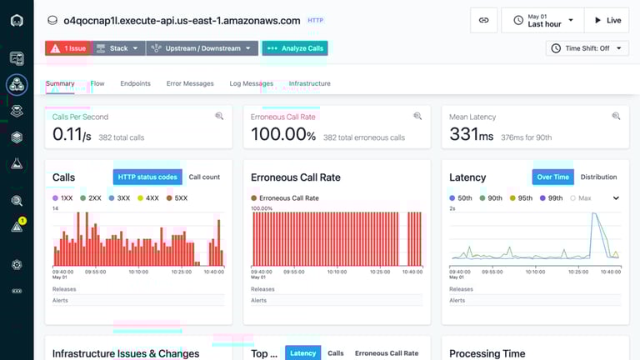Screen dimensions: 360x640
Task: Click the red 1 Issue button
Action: click(67, 48)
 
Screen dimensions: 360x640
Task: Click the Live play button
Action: click(606, 20)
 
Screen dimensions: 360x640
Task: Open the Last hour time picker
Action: click(542, 20)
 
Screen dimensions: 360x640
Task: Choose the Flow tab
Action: click(97, 83)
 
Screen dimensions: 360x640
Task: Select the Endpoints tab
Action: click(135, 83)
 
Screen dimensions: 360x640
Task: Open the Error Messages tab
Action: click(190, 83)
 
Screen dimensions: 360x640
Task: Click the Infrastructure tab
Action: click(309, 83)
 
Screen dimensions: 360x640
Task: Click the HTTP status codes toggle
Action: click(147, 177)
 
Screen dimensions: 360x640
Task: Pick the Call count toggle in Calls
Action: click(204, 177)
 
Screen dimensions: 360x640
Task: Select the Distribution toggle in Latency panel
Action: click(598, 177)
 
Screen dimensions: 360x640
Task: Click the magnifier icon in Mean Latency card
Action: click(615, 117)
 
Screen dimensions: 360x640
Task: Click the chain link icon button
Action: click(483, 20)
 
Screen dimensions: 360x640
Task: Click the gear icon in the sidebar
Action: click(17, 265)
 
